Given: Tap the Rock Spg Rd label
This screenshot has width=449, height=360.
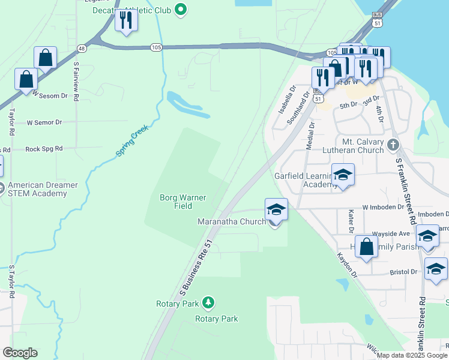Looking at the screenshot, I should tap(44, 149).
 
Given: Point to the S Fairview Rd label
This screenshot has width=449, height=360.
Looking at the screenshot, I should tap(76, 80).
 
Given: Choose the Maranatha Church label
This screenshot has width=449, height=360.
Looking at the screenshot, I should tap(232, 222).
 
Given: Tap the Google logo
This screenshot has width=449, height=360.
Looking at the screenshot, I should tap(20, 353).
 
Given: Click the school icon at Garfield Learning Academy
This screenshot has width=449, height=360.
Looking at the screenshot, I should tap(342, 175).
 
